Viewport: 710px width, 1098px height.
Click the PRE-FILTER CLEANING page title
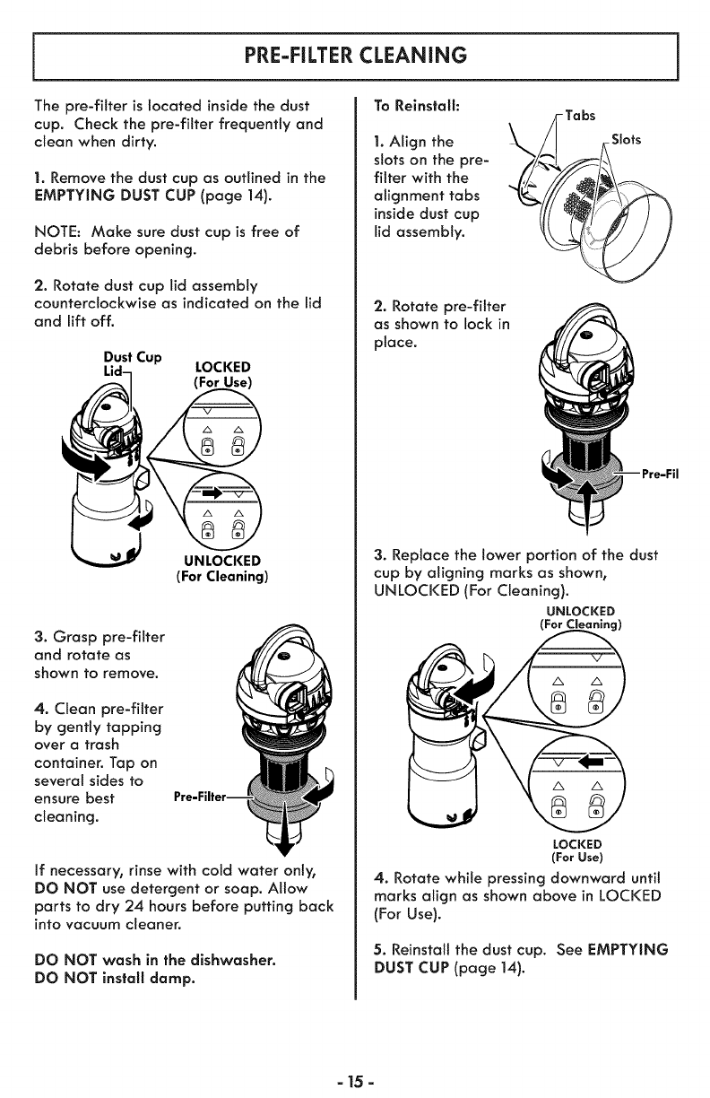(x=355, y=55)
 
